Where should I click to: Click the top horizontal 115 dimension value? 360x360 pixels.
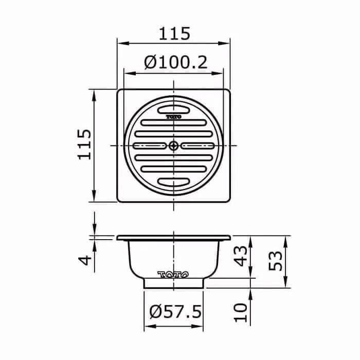(x=174, y=33)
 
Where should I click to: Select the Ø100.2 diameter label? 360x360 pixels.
(x=175, y=63)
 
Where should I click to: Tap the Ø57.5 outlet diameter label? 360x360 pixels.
(x=175, y=312)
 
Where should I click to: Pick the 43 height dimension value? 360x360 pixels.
(x=241, y=256)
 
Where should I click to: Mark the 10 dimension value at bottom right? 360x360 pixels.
(x=241, y=311)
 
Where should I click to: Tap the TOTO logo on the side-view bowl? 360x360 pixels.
(x=173, y=274)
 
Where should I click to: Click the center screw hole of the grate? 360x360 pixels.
(x=174, y=146)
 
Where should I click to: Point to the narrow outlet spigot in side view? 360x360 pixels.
(x=174, y=283)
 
